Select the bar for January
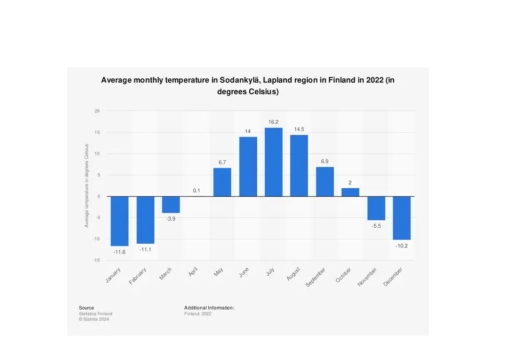119,220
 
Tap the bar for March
171,204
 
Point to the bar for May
222,182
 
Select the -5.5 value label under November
376,226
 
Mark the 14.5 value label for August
299,128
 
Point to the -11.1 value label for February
145,249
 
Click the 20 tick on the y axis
97,110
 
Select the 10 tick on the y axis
97,153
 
